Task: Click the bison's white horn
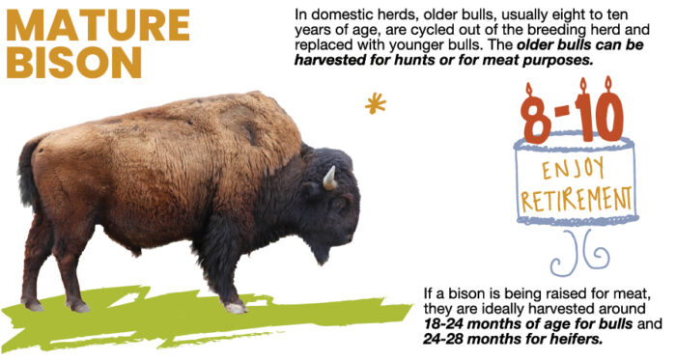[329, 177]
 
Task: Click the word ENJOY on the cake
[577, 170]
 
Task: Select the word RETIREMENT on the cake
[577, 200]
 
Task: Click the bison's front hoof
[235, 307]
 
